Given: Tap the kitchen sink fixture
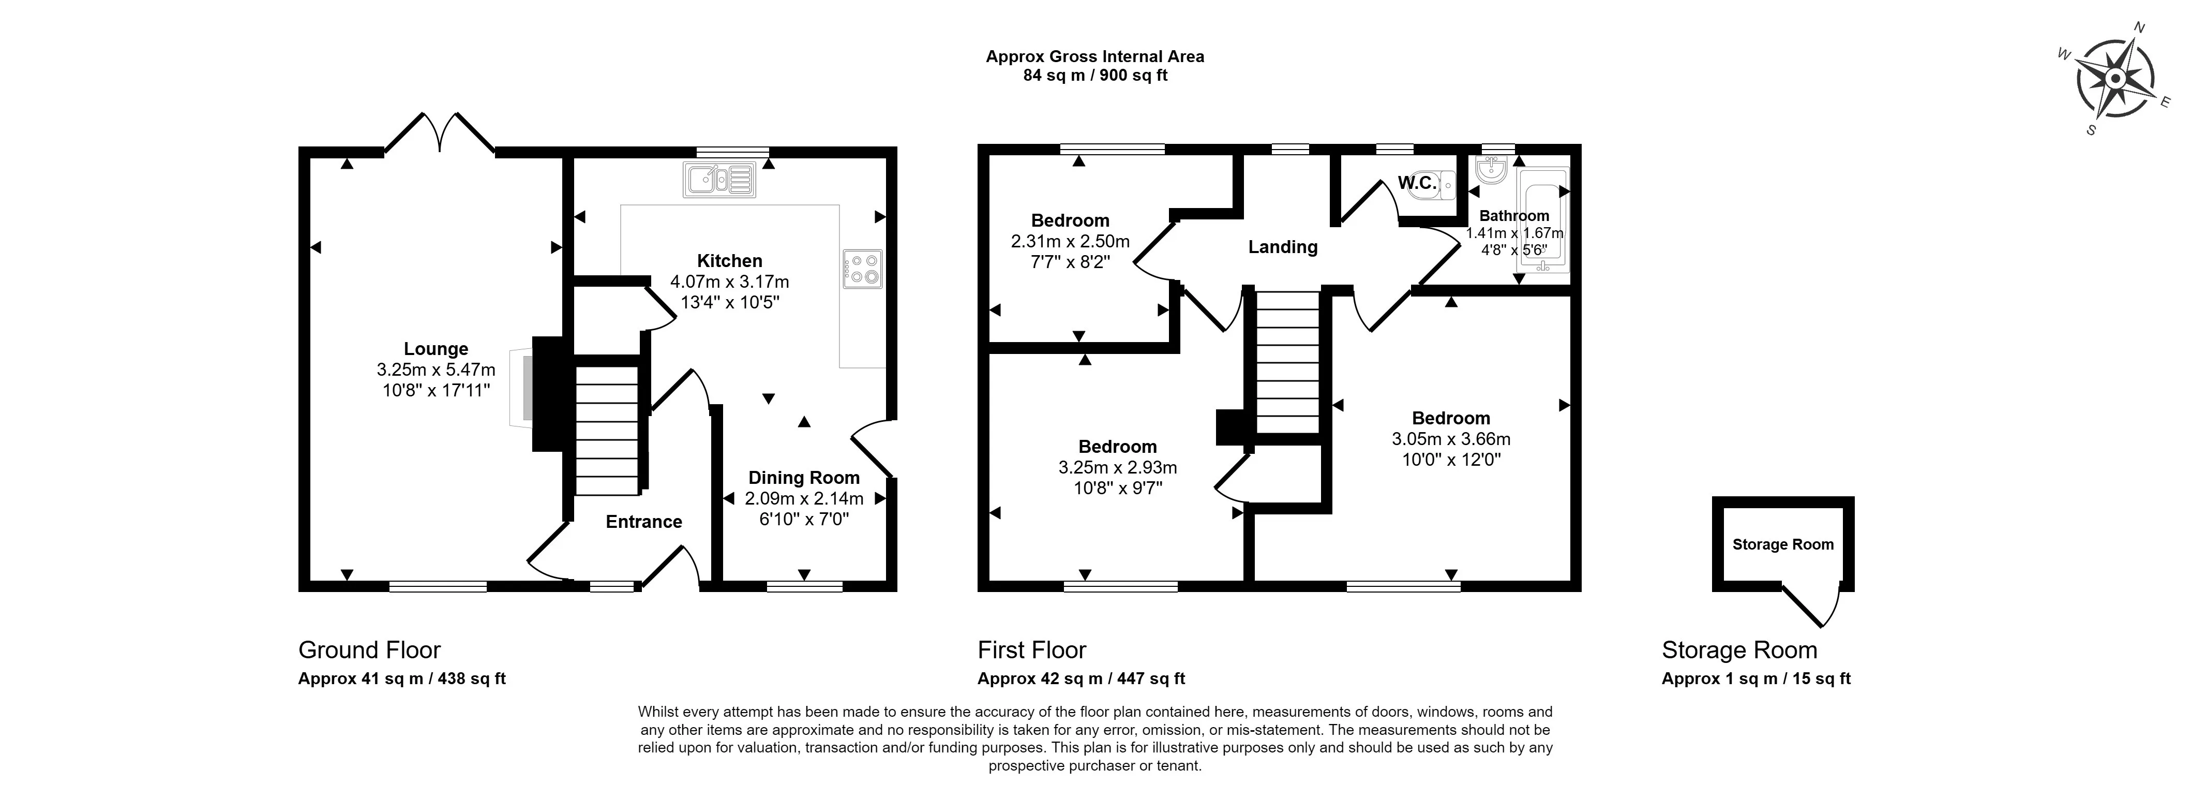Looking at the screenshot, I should click(719, 181).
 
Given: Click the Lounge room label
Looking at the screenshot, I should click(436, 349).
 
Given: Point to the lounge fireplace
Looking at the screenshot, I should click(522, 387).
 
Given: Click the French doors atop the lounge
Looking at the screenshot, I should click(440, 135).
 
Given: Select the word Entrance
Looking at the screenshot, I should click(644, 522).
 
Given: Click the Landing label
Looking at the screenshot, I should click(1283, 247).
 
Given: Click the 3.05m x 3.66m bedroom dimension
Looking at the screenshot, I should click(1451, 439).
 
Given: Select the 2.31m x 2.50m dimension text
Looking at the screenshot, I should click(1070, 242).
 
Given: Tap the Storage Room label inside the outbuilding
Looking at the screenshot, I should click(1783, 544).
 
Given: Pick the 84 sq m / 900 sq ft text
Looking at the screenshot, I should click(1094, 76).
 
